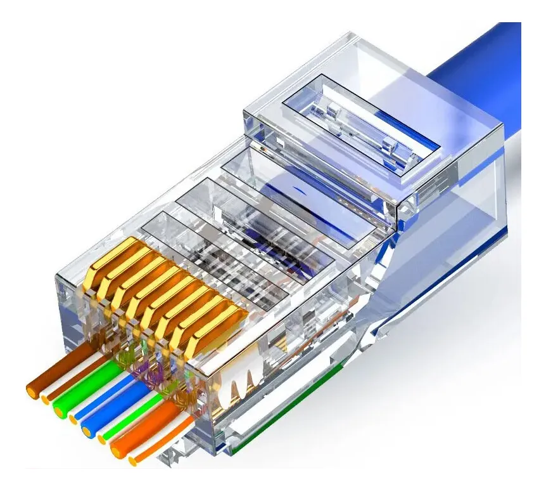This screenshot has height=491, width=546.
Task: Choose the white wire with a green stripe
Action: point(127,421)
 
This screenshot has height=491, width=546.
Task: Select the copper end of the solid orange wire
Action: point(116,450)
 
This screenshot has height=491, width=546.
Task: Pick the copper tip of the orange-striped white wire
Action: point(133,460)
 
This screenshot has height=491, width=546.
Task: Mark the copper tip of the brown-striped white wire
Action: point(46,399)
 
